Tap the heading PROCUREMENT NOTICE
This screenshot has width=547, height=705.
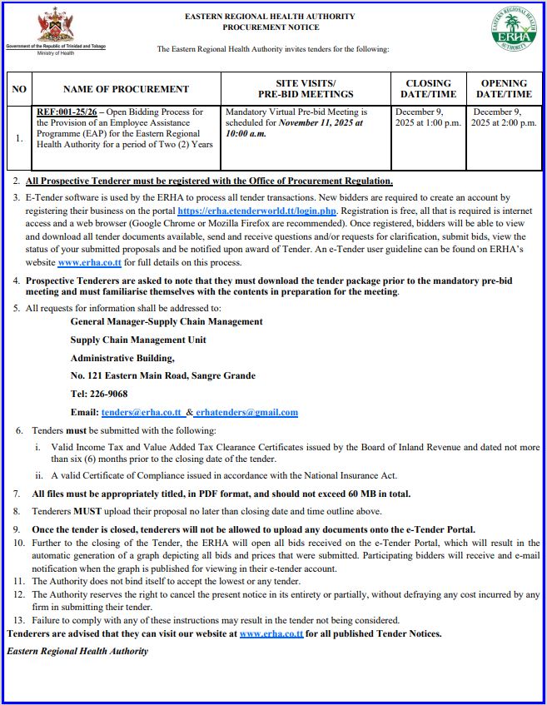[x=270, y=27]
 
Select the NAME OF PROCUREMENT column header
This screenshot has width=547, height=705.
[x=126, y=89]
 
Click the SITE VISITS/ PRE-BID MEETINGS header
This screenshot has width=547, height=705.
[x=306, y=89]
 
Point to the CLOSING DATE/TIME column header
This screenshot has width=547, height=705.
[x=428, y=89]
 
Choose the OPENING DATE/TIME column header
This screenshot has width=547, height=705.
[x=504, y=89]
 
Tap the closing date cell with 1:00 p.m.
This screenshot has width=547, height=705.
[x=428, y=117]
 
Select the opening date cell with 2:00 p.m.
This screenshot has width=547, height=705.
[x=504, y=117]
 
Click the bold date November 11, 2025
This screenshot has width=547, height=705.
[x=316, y=123]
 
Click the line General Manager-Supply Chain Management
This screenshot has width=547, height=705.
[x=167, y=321]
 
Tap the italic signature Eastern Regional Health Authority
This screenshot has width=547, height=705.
[x=77, y=650]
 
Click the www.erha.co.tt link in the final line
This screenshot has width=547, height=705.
[x=271, y=634]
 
